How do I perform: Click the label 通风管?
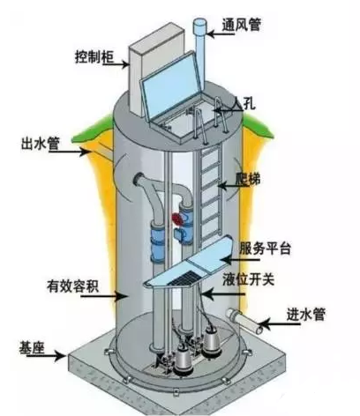[x=241, y=24]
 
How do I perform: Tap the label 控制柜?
[x=94, y=56]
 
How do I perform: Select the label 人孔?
[x=244, y=103]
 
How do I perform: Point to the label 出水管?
[x=41, y=143]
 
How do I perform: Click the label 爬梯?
[x=248, y=178]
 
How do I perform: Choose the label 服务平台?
[x=265, y=249]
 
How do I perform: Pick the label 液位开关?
[x=249, y=279]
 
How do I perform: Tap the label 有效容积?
[x=72, y=286]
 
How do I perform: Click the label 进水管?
[x=306, y=315]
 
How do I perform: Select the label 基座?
[x=32, y=347]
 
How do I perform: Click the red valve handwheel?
[x=176, y=219]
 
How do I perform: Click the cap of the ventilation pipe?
[x=200, y=25]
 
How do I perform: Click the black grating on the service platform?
[x=184, y=278]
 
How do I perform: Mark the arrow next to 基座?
[x=47, y=356]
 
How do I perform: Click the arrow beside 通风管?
[x=221, y=34]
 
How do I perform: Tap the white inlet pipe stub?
[x=244, y=321]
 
